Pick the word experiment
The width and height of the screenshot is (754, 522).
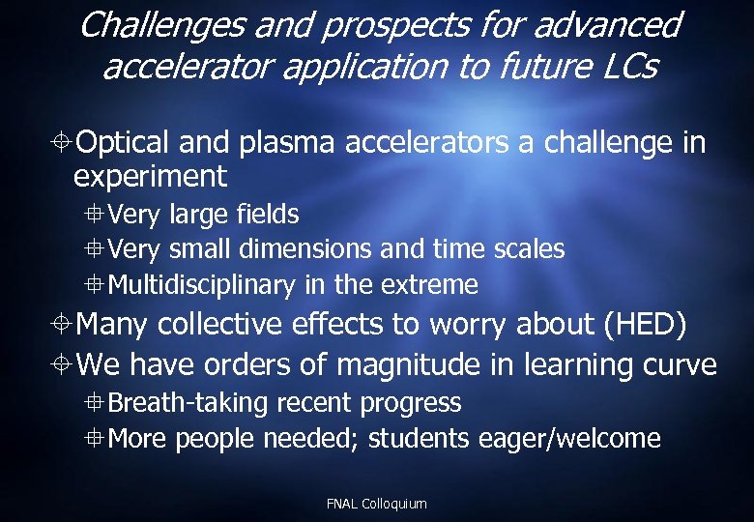point(150,177)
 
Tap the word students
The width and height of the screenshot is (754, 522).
point(420,439)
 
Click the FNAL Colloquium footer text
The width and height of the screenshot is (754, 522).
point(376,504)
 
